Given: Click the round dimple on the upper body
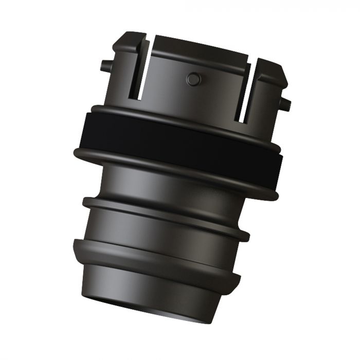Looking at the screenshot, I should (x=193, y=79).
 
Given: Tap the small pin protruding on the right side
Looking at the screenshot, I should (x=285, y=105).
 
